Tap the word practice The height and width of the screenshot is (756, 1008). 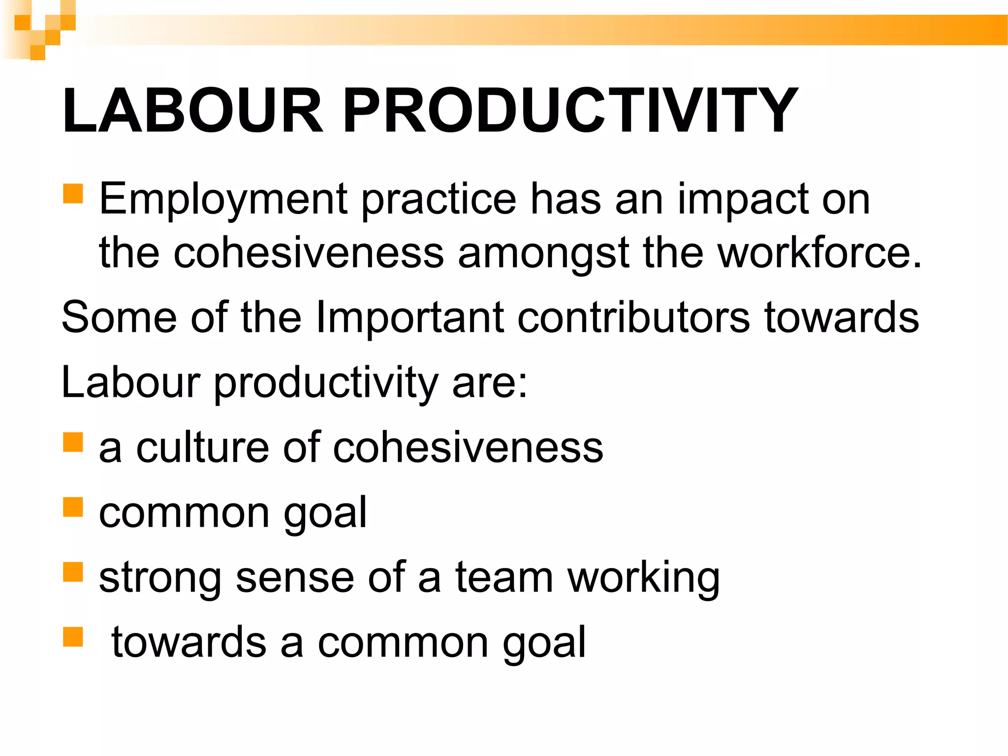tap(439, 199)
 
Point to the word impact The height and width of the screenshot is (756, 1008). tap(743, 199)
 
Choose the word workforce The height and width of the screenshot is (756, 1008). tap(819, 252)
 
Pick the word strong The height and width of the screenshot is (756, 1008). tap(160, 578)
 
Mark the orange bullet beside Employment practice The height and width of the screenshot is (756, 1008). tap(73, 193)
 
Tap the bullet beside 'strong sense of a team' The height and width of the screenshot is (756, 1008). tap(73, 572)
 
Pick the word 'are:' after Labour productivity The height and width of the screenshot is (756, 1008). tap(490, 382)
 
